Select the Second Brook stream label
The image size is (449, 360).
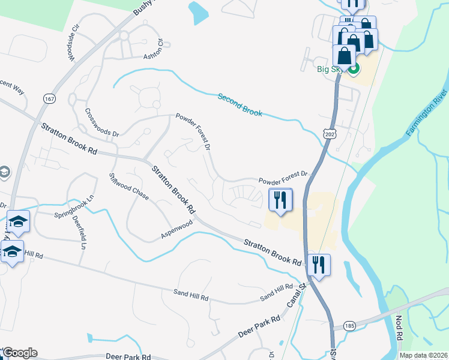pyautogui.click(x=240, y=104)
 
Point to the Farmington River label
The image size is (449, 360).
pyautogui.click(x=427, y=113)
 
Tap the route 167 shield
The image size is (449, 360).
pyautogui.click(x=49, y=98)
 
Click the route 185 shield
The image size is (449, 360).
pyautogui.click(x=348, y=325)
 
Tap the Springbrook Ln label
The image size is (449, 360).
pyautogui.click(x=74, y=206)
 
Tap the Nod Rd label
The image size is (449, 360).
pyautogui.click(x=399, y=329)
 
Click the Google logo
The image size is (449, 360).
pyautogui.click(x=19, y=353)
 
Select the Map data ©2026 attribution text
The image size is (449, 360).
pyautogui.click(x=423, y=355)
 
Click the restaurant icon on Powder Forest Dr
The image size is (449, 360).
pyautogui.click(x=279, y=200)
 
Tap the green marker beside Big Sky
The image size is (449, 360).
pyautogui.click(x=354, y=69)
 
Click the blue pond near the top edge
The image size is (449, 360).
pyautogui.click(x=197, y=12)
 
